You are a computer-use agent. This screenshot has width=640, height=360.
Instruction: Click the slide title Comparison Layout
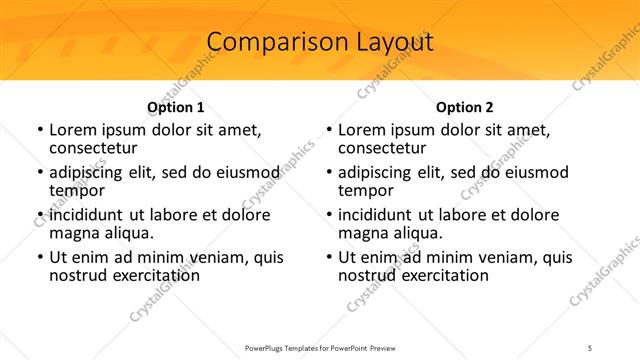(320, 42)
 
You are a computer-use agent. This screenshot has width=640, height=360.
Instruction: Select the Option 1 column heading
(175, 107)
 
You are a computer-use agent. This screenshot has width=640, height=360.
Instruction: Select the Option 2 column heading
(465, 107)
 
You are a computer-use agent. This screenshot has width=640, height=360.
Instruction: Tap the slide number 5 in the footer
(590, 347)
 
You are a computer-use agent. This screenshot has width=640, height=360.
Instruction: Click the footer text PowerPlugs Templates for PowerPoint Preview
(320, 347)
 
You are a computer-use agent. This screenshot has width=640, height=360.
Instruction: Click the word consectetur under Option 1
(92, 148)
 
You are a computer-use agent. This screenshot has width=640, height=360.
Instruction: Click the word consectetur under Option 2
(381, 148)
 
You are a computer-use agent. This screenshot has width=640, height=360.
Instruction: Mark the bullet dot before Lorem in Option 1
(40, 130)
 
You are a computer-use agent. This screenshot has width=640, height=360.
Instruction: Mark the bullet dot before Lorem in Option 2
(329, 130)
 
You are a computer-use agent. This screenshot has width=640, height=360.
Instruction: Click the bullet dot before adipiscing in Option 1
(40, 172)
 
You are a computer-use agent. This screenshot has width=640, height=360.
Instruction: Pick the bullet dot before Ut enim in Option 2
(329, 257)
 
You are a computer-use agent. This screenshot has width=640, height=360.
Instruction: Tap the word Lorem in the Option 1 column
(71, 130)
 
